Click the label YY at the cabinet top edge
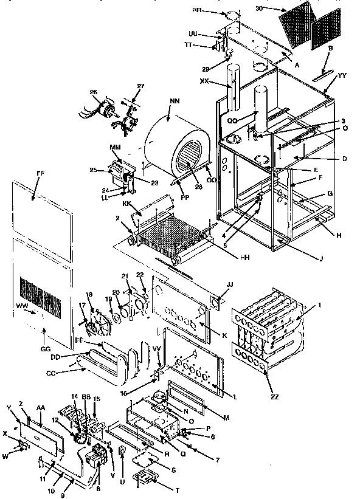click(x=342, y=75)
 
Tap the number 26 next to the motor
click(x=94, y=92)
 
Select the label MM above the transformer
click(x=115, y=148)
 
